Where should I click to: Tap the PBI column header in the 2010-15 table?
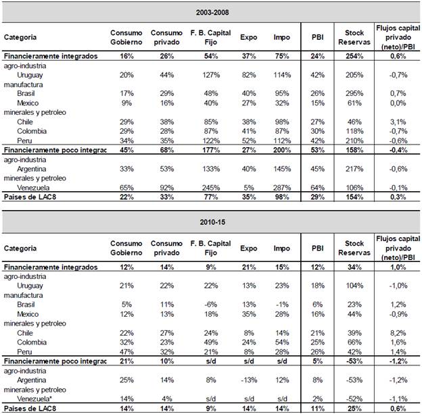[318, 248]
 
